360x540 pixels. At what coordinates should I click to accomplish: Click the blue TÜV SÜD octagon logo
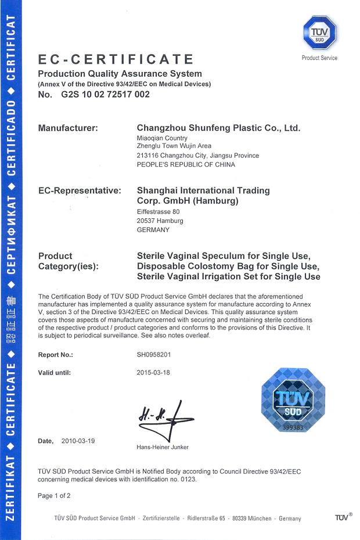[x=319, y=34]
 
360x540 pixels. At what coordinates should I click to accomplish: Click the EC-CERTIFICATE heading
[x=116, y=59]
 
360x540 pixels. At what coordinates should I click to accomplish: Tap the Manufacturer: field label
[x=68, y=128]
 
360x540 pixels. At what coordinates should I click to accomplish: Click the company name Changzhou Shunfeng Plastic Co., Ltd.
[x=218, y=128]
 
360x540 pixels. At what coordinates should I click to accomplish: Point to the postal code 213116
[x=145, y=156]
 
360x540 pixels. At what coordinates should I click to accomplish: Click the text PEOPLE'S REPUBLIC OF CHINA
[x=185, y=164]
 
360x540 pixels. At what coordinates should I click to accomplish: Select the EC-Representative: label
[x=79, y=190]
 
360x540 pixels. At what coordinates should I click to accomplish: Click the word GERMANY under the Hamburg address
[x=153, y=229]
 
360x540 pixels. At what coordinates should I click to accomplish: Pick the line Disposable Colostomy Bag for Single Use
[x=228, y=266]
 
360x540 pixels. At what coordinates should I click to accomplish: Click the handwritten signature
[x=164, y=419]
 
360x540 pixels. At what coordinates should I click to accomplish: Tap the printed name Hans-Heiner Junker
[x=163, y=447]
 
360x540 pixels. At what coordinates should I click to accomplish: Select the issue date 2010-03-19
[x=78, y=441]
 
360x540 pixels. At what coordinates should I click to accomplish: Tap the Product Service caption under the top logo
[x=319, y=58]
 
